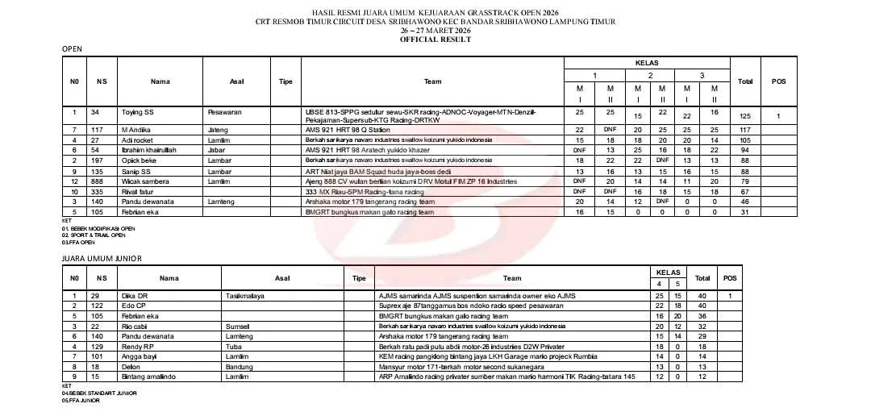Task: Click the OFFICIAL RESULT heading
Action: pyautogui.click(x=435, y=39)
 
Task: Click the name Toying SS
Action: pyautogui.click(x=137, y=112)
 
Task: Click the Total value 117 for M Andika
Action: pyautogui.click(x=744, y=130)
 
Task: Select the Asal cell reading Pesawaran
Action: pyautogui.click(x=225, y=112)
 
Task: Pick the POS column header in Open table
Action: pyautogui.click(x=778, y=81)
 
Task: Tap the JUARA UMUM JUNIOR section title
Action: pyautogui.click(x=102, y=258)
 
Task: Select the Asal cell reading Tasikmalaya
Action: pyautogui.click(x=246, y=296)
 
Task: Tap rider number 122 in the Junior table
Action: pyautogui.click(x=97, y=306)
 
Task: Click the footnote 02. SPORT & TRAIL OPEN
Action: pyautogui.click(x=94, y=235)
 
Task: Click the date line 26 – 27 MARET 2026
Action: pyautogui.click(x=435, y=31)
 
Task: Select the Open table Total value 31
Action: pyautogui.click(x=744, y=212)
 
